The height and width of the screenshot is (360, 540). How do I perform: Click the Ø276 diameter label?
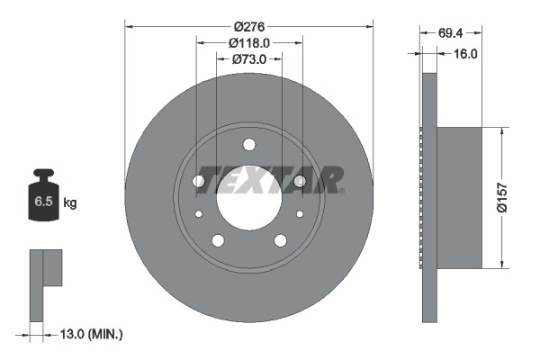248,28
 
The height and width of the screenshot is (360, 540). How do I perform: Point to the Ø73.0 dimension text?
249,59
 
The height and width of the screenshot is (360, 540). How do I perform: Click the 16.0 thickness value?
464,54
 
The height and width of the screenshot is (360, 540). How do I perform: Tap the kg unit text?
69,203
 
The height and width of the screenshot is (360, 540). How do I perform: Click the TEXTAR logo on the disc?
269,178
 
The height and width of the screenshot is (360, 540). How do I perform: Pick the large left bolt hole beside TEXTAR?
199,181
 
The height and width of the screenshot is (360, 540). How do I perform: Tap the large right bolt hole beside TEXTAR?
299,181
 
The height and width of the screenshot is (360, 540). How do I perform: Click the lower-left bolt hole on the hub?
218,240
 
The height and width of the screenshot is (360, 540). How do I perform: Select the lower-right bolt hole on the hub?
280,240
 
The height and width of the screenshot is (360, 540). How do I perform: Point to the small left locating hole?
199,214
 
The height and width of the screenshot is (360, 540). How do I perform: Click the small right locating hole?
299,214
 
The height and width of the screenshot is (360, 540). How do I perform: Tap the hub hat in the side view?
459,197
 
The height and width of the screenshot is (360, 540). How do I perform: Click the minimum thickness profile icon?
44,283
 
